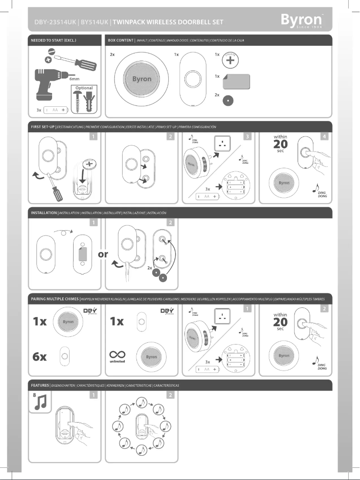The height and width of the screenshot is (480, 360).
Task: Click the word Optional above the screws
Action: pos(84,88)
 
